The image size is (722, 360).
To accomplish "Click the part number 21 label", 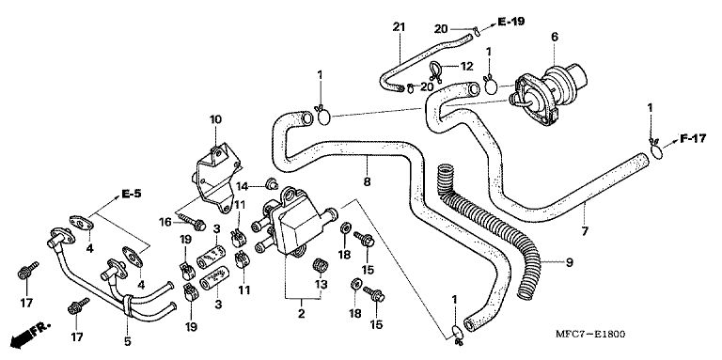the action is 399,26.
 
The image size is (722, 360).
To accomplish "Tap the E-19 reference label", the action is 510,22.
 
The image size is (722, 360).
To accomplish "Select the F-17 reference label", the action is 693,138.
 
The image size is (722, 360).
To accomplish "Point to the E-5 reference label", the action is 132,194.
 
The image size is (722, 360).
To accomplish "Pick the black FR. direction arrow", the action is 28,335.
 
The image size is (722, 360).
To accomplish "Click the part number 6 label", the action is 555,37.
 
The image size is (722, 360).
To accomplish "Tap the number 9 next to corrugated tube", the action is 569,262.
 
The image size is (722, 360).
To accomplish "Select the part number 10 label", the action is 215,119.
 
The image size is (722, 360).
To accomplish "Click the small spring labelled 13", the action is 319,267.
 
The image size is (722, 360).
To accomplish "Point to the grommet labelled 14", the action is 271,184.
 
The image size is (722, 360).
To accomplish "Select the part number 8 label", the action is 367,181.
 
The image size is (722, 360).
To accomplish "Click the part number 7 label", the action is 585,231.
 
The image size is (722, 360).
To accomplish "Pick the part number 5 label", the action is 128,341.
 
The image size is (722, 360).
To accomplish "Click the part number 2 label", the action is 301,315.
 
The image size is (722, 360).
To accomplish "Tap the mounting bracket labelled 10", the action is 216,178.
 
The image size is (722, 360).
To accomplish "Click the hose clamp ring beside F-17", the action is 656,151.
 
